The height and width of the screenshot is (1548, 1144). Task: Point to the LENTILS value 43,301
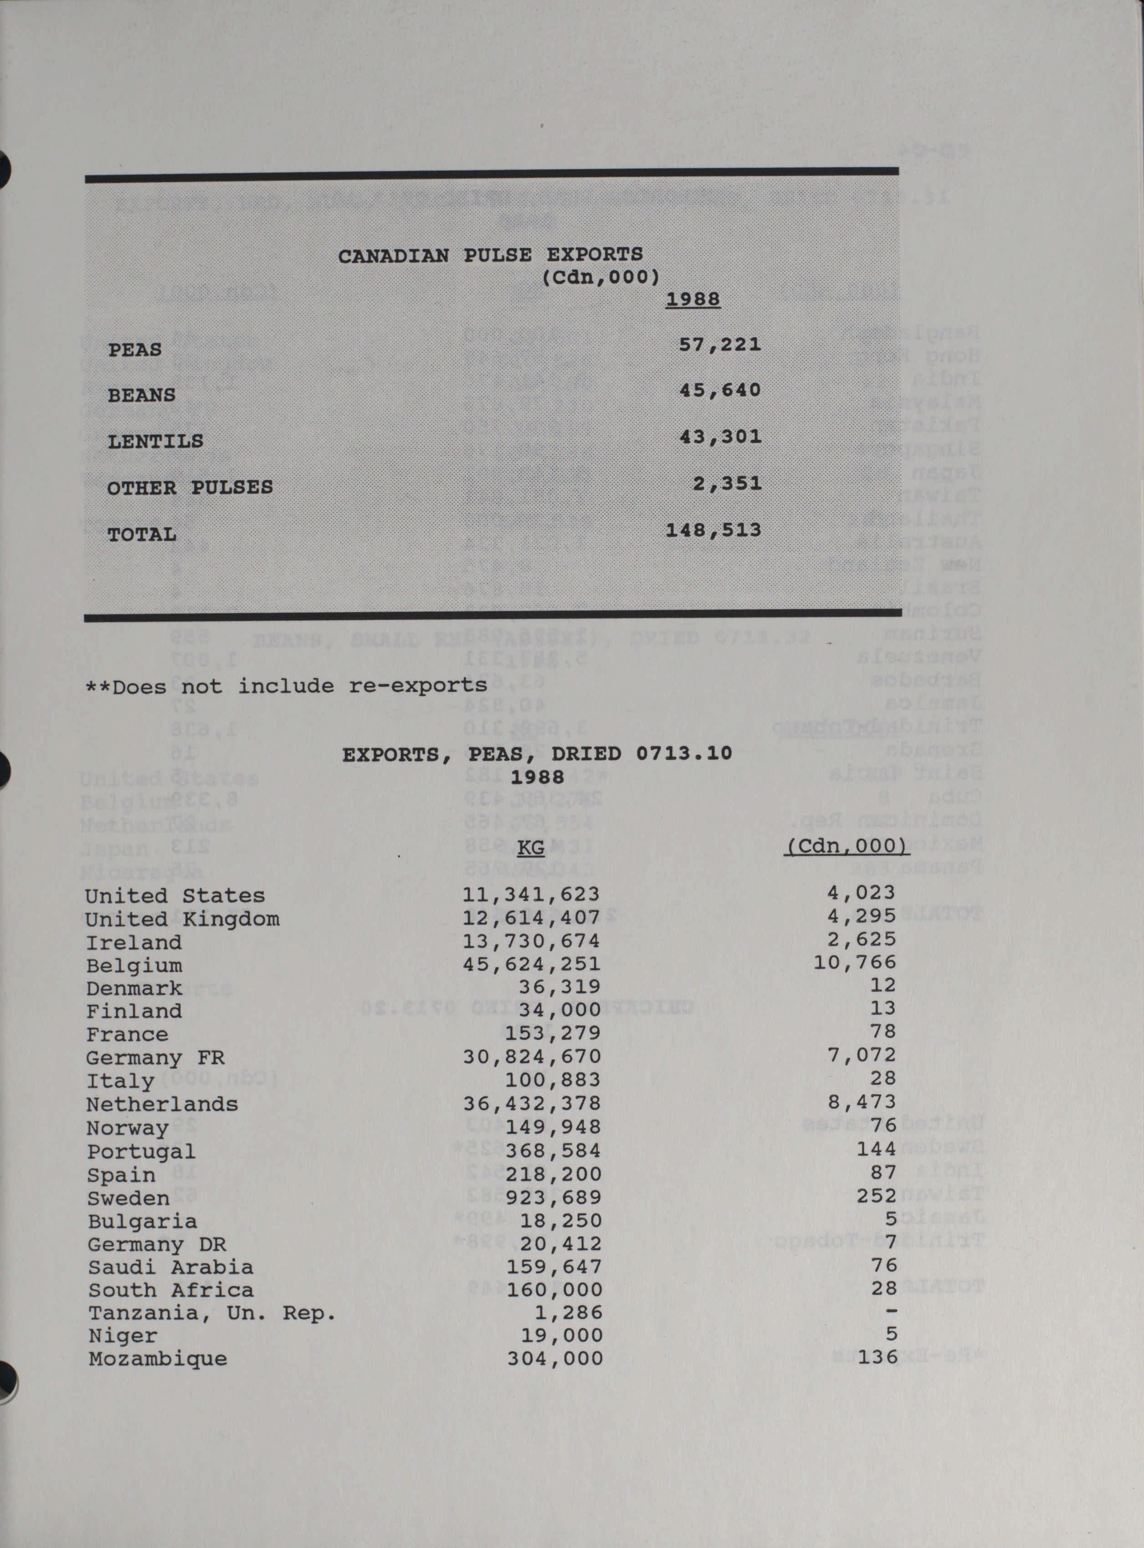click(x=720, y=437)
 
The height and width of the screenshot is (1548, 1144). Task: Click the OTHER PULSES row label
click(x=190, y=488)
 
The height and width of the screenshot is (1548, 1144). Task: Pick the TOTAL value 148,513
click(x=713, y=530)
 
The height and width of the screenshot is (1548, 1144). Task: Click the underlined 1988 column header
click(x=693, y=300)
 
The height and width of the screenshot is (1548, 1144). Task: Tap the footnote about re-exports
click(x=286, y=686)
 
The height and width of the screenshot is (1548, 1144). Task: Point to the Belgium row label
click(x=133, y=966)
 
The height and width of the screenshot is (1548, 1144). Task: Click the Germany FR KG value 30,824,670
click(x=532, y=1057)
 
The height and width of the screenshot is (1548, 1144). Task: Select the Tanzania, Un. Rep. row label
click(x=212, y=1313)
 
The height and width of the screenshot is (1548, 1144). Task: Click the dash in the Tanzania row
click(x=891, y=1311)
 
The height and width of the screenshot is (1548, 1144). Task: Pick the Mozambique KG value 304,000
click(x=555, y=1358)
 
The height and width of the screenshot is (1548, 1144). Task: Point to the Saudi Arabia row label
click(x=170, y=1267)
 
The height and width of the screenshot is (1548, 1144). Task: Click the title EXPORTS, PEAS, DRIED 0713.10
click(x=537, y=754)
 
